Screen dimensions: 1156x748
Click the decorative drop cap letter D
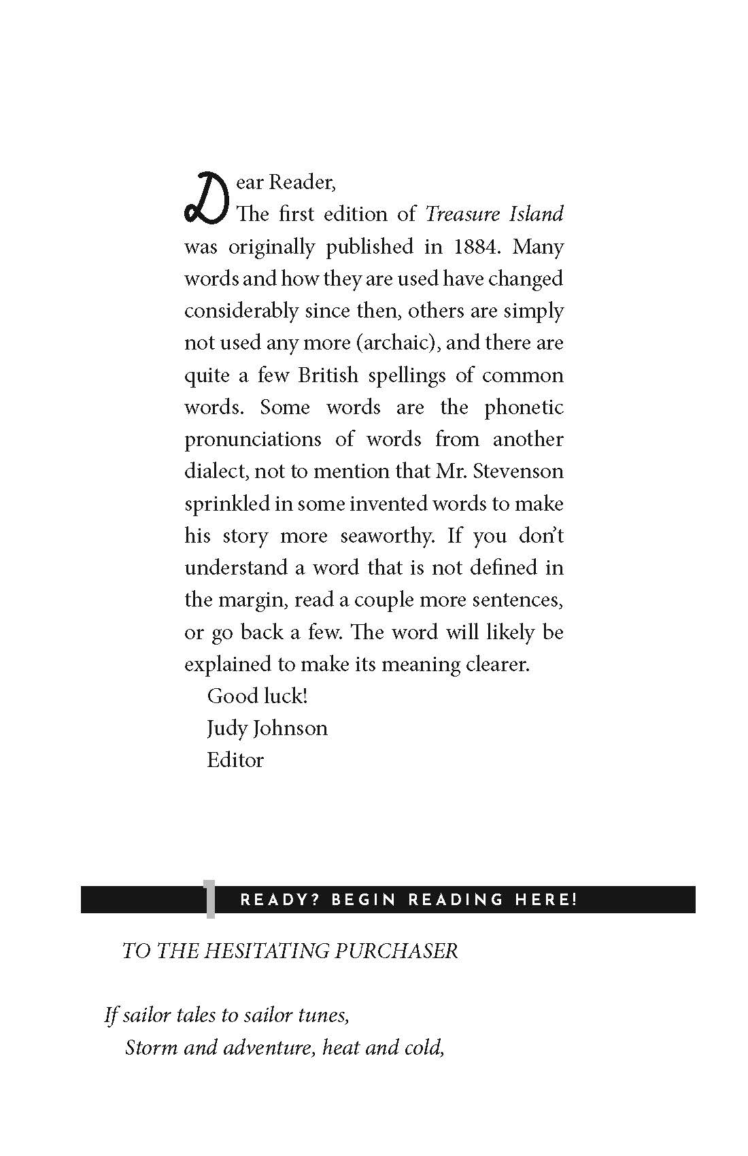(203, 197)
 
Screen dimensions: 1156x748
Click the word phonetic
(524, 407)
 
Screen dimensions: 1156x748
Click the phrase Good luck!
(257, 696)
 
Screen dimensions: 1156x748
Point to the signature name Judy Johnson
(267, 728)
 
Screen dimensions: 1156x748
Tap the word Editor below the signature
(235, 760)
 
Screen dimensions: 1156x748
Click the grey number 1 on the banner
(210, 899)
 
